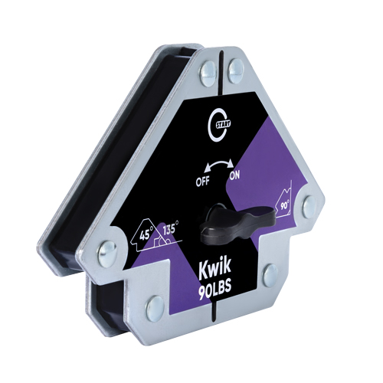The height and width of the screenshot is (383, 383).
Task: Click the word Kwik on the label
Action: (215, 269)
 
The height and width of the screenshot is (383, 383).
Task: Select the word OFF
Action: (202, 182)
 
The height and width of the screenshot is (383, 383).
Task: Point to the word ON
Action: (234, 175)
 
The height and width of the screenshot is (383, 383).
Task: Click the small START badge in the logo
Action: (224, 124)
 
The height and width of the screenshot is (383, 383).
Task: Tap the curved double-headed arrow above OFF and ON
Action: (219, 162)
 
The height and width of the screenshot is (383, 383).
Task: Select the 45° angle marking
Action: (146, 234)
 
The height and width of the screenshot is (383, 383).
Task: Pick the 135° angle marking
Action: (169, 227)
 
